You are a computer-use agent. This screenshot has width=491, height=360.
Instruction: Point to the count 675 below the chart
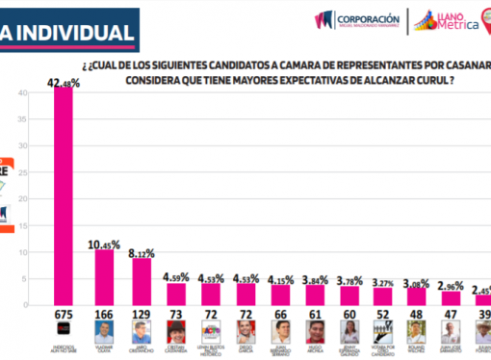coord(62,314)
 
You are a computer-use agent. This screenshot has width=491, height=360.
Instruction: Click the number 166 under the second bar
coord(103,314)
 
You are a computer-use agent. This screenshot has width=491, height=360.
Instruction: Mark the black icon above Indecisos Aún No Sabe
coord(62,330)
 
